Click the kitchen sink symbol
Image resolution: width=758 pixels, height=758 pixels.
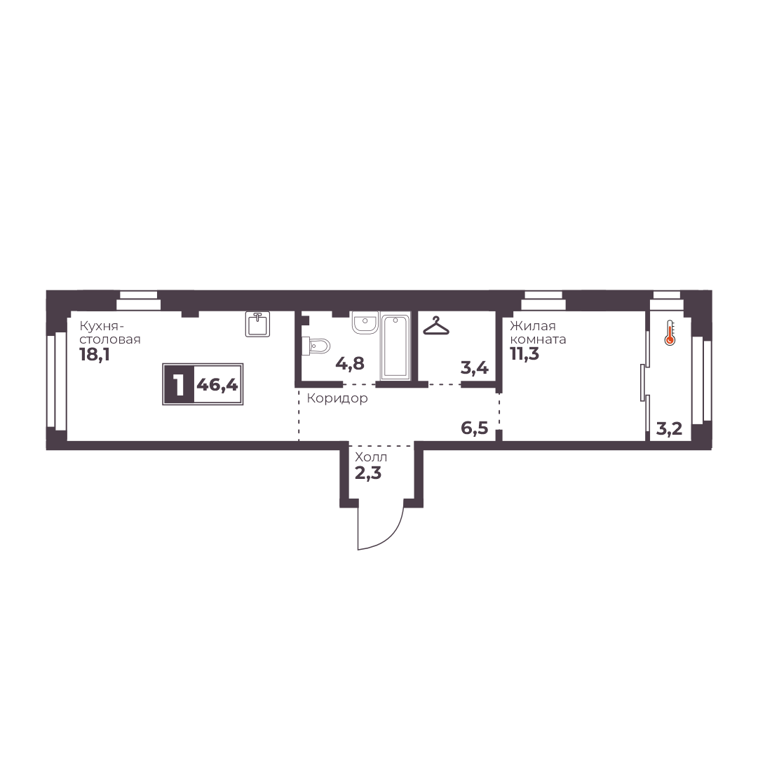[257, 324]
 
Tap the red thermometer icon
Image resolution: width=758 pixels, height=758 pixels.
[670, 333]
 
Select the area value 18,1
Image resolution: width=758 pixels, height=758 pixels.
[95, 355]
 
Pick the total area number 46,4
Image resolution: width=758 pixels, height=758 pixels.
[217, 385]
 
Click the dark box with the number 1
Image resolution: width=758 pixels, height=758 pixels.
[180, 384]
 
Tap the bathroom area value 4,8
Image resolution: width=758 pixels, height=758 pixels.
[349, 363]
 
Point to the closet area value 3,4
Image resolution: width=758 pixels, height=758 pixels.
[474, 368]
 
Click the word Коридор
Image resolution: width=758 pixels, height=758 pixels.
[337, 398]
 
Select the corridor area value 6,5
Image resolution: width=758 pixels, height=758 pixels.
[474, 428]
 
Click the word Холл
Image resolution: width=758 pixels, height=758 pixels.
[371, 456]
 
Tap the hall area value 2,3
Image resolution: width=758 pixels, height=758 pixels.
[368, 473]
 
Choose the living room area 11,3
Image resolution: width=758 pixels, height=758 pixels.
[524, 354]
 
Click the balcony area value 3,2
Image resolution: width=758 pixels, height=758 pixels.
[669, 429]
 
